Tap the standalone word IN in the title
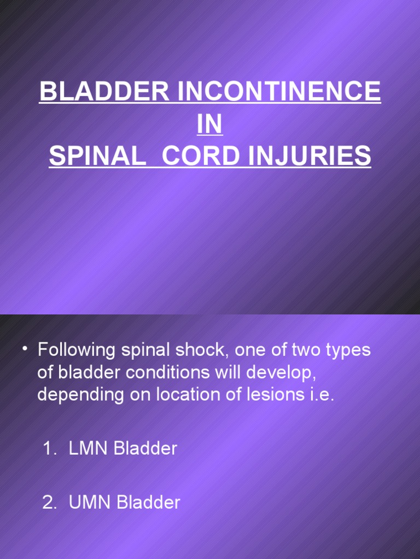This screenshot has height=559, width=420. [210, 125]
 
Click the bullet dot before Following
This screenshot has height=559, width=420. [25, 349]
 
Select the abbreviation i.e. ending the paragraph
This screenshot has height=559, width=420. [321, 395]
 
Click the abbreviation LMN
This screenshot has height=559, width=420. [89, 449]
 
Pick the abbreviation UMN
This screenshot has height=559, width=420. [89, 503]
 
